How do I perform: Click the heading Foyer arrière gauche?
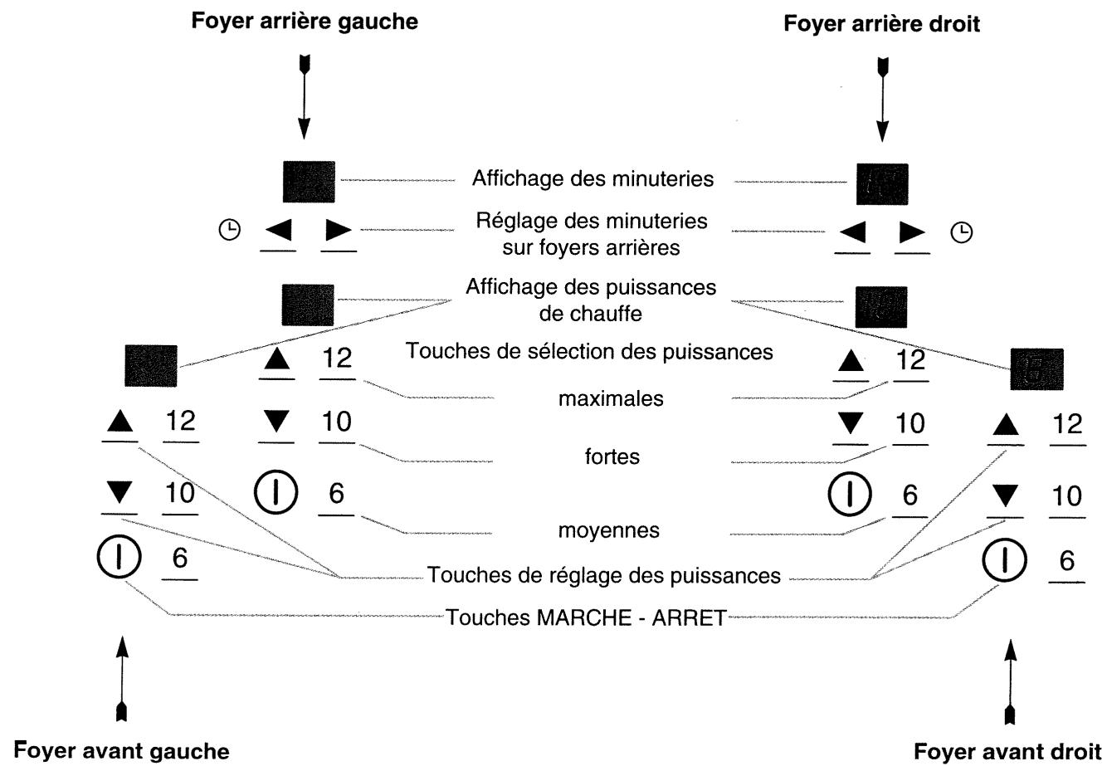click(x=305, y=22)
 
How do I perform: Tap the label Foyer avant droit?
click(x=1007, y=752)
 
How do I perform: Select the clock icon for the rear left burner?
click(x=229, y=230)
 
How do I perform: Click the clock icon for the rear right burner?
click(x=961, y=232)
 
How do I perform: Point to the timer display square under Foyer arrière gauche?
click(x=309, y=182)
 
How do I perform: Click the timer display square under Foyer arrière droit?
click(x=882, y=184)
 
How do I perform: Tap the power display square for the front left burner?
click(x=151, y=366)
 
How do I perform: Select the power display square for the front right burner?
click(x=1036, y=368)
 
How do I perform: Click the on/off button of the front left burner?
click(x=119, y=557)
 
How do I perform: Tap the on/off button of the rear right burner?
click(x=850, y=494)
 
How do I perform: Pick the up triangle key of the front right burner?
click(x=1006, y=425)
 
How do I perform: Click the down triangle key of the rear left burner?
click(x=277, y=421)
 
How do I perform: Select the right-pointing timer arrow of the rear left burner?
click(x=339, y=230)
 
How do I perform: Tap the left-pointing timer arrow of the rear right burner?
click(x=852, y=232)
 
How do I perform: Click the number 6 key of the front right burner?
click(x=1067, y=560)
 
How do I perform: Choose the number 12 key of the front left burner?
click(x=181, y=421)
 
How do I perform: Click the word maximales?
click(x=611, y=398)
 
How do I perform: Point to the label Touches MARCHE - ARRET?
click(x=586, y=617)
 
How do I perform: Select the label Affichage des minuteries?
click(x=593, y=179)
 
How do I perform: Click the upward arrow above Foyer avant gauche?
click(x=122, y=679)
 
